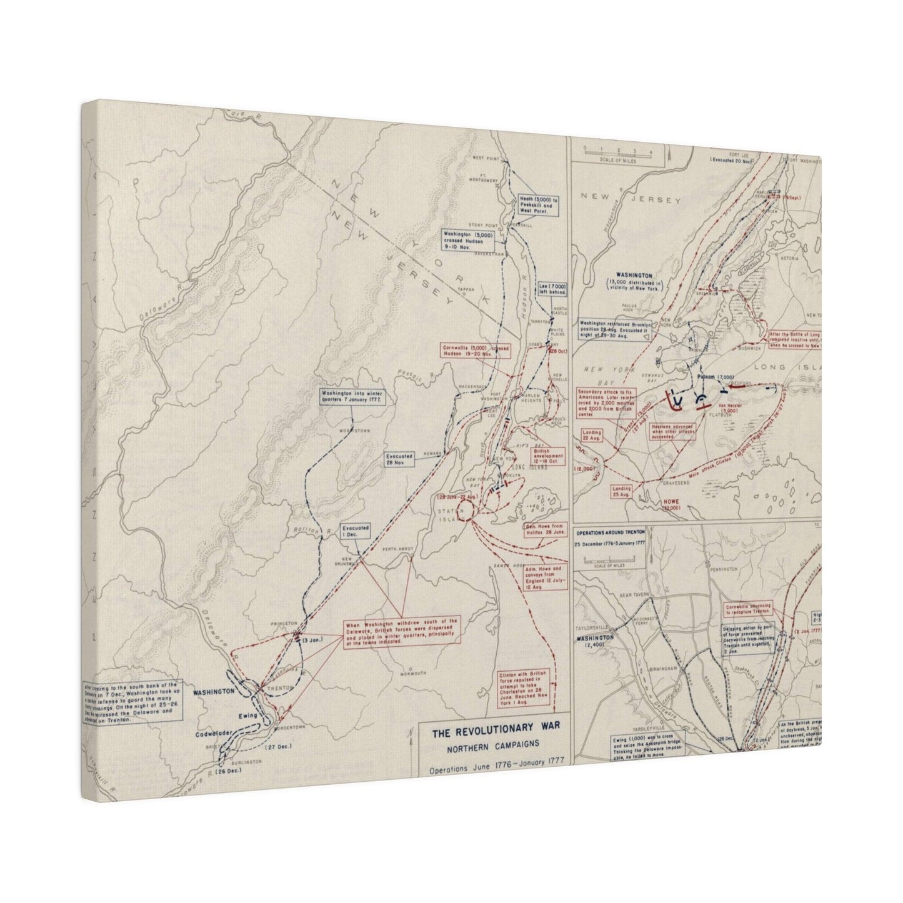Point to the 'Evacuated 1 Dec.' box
(x=356, y=531)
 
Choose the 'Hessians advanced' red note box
(x=672, y=431)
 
